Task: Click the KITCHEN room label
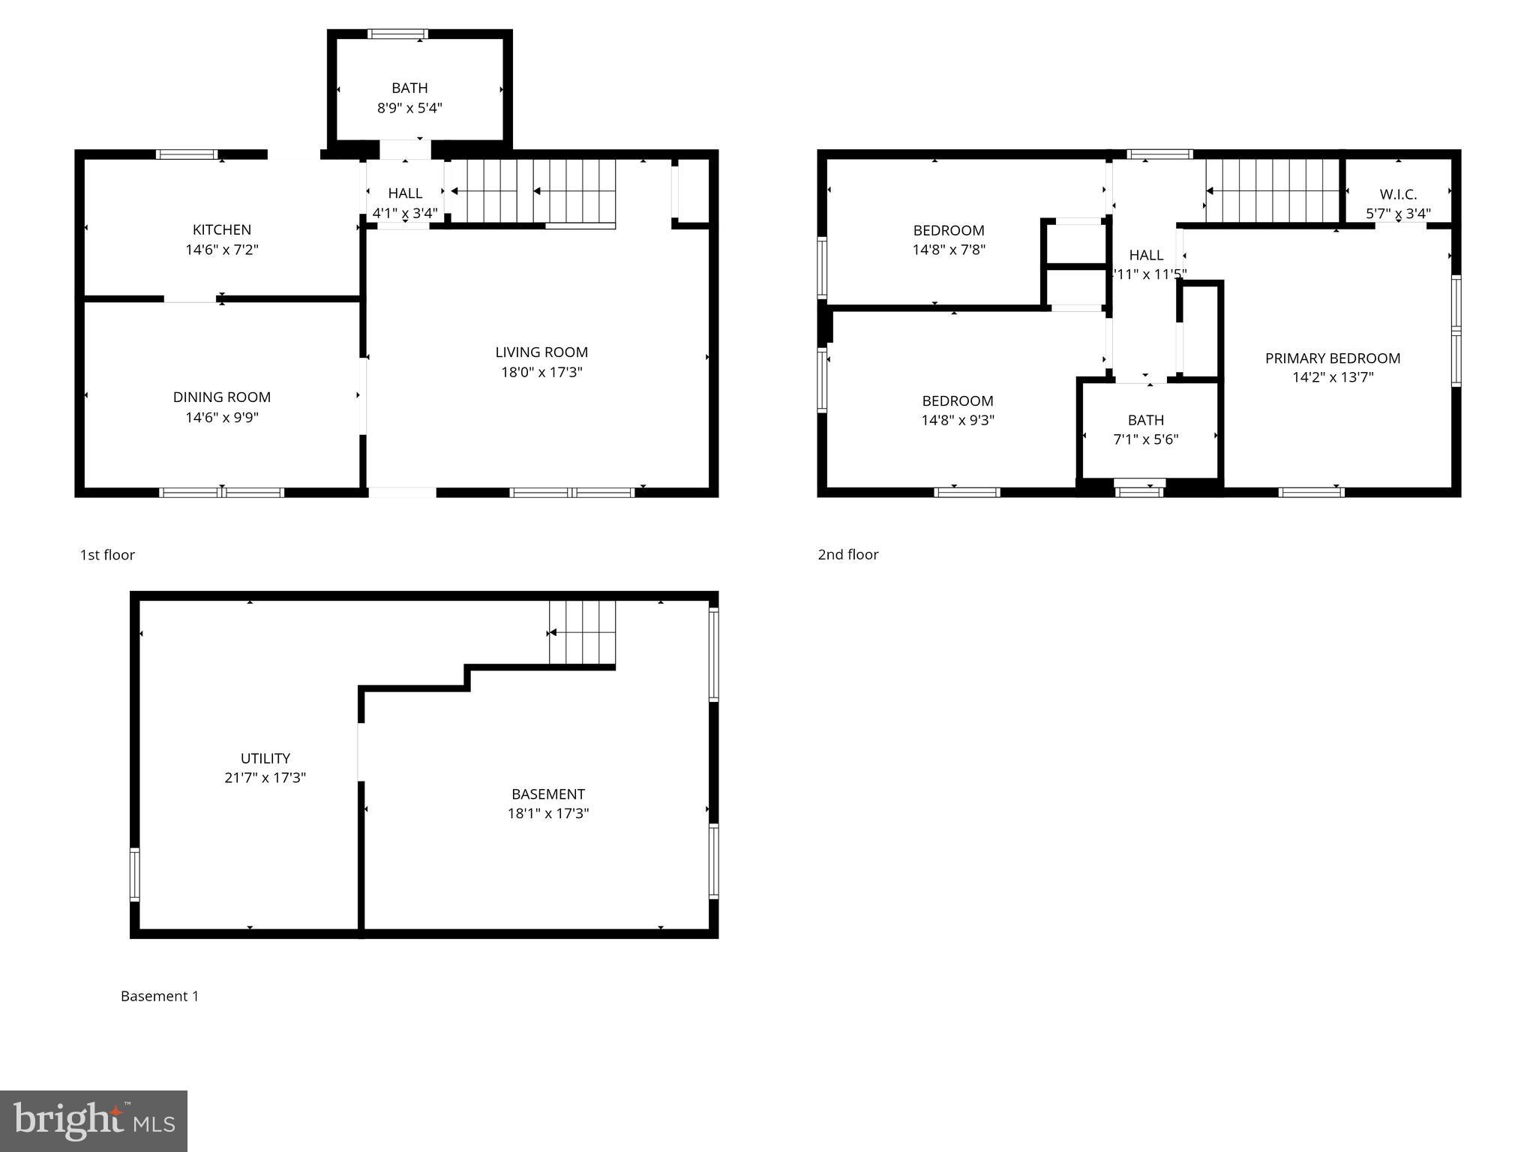point(222,229)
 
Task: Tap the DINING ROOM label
point(222,397)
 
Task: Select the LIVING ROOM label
point(541,352)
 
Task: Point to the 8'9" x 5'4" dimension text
point(409,108)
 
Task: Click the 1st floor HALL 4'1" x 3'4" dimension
point(405,213)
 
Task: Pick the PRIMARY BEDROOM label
point(1333,358)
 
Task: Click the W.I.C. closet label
point(1398,194)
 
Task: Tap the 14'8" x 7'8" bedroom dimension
point(949,250)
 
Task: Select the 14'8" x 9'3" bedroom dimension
point(958,420)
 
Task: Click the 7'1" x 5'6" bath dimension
point(1146,439)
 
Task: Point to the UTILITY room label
point(265,758)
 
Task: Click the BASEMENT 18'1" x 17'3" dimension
point(548,814)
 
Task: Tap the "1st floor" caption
point(107,555)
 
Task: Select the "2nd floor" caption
point(848,554)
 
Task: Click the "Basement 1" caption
point(160,996)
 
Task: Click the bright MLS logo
point(94,1120)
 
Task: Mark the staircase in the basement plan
point(583,633)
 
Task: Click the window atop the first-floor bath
point(397,34)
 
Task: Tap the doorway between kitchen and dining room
point(190,298)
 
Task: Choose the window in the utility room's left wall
point(135,874)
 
